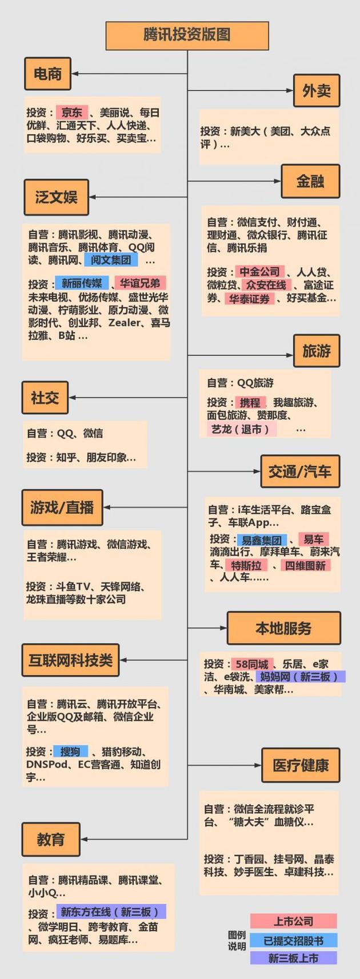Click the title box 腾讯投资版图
coord(187,35)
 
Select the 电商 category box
coord(47,74)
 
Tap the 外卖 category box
coord(316,90)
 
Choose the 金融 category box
coord(310,181)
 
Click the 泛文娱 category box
coord(56,197)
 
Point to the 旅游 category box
coord(316,350)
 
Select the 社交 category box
coord(45,397)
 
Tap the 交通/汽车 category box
coord(299,471)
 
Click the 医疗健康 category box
coord(300,765)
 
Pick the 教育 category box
coord(50,840)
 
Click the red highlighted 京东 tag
coord(72,113)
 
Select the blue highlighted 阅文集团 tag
coord(111,261)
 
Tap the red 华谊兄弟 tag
coord(140,283)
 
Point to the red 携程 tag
coord(250,402)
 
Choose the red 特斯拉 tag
coord(246,565)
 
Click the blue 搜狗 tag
coord(70,752)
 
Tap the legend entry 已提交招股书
coord(293,940)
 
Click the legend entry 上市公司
coord(293,921)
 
